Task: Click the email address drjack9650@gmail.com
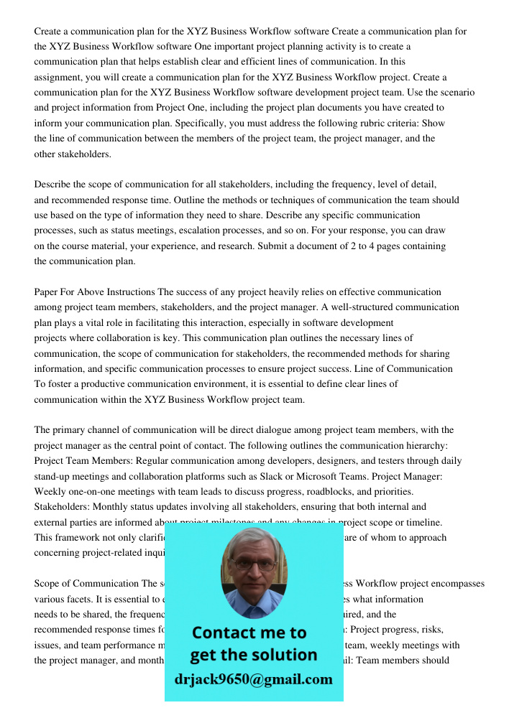point(253,679)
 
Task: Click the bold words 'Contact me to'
point(249,633)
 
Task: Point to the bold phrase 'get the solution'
point(253,655)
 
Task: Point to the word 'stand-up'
point(54,476)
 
